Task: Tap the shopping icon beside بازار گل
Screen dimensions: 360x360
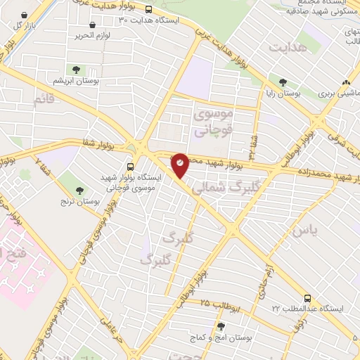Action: point(26,15)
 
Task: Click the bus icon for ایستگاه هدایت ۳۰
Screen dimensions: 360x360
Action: point(148,10)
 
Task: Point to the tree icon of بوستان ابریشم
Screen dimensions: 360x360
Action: point(76,70)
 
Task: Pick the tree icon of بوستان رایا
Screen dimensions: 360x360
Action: point(283,82)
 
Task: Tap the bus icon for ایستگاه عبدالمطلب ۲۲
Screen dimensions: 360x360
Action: point(307,298)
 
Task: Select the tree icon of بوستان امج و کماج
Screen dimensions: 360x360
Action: point(221,326)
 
